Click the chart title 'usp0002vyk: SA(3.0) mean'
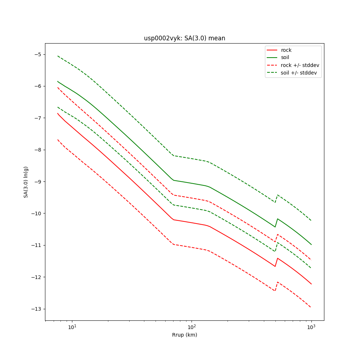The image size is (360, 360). (x=184, y=38)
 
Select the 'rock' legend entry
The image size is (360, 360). (x=286, y=50)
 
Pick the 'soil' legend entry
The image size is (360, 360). (x=285, y=58)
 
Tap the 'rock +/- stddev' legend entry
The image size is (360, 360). (x=300, y=65)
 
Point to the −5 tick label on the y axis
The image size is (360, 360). (x=37, y=54)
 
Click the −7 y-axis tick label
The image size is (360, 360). (x=37, y=118)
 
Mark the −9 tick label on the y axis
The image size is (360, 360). (x=37, y=182)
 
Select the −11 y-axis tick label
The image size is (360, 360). (x=36, y=245)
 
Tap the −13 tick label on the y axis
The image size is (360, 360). (x=36, y=309)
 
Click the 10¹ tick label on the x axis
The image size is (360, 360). (x=72, y=327)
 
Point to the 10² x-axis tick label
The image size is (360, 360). (x=192, y=327)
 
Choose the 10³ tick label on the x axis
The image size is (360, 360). (x=311, y=327)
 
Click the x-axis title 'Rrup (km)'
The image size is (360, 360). (x=184, y=335)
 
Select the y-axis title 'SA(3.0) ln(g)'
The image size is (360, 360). (x=26, y=182)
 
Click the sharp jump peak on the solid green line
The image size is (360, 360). (x=278, y=219)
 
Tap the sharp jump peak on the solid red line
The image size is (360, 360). (x=278, y=258)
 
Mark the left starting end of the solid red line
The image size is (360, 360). (x=58, y=113)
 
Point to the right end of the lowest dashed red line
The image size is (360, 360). (x=311, y=307)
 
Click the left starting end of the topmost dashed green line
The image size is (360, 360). (x=58, y=56)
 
